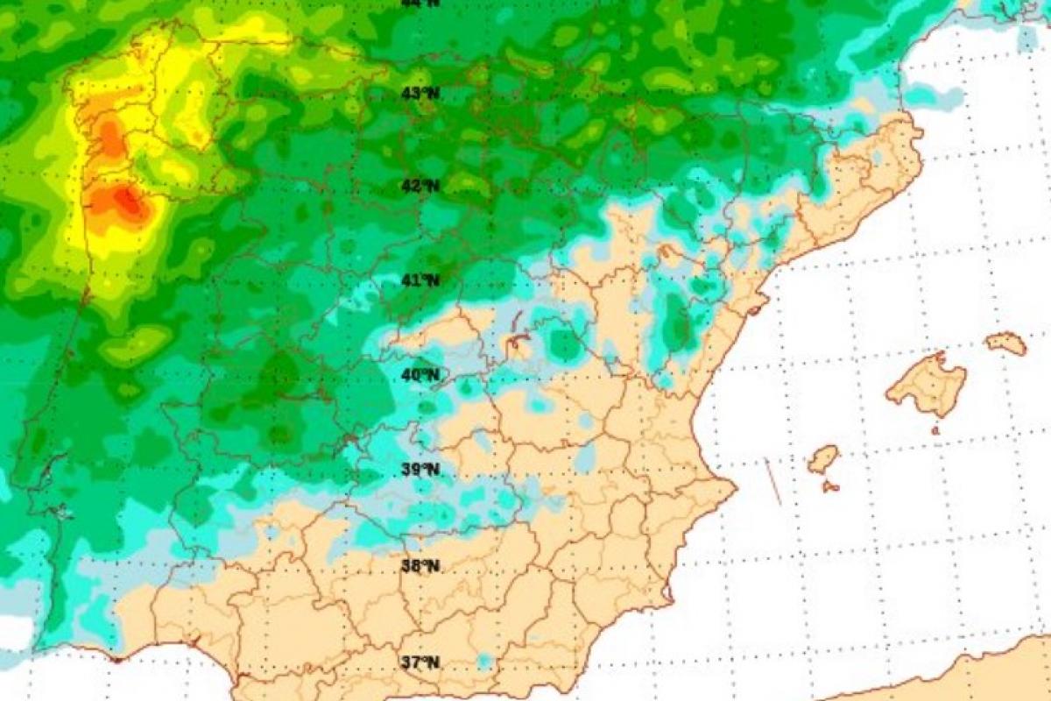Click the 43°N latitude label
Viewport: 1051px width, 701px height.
pyautogui.click(x=420, y=94)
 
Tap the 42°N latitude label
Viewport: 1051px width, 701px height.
pyautogui.click(x=420, y=186)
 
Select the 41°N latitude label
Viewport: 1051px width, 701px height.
pyautogui.click(x=420, y=280)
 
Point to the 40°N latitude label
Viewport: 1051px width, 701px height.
pyautogui.click(x=420, y=375)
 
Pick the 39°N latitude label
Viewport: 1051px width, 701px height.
pyautogui.click(x=420, y=470)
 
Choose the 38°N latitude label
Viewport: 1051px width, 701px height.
pyautogui.click(x=420, y=565)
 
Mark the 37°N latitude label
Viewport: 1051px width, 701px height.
pyautogui.click(x=420, y=662)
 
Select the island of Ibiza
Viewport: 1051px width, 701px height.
pyautogui.click(x=822, y=458)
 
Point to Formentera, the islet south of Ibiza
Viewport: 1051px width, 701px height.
pyautogui.click(x=830, y=485)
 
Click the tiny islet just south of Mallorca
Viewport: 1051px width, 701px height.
pyautogui.click(x=935, y=431)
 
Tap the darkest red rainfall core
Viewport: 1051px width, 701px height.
pyautogui.click(x=130, y=202)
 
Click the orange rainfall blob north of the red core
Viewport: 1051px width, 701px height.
pyautogui.click(x=110, y=138)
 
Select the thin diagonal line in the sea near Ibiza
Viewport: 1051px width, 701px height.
pyautogui.click(x=772, y=482)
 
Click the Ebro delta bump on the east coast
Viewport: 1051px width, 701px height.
pyautogui.click(x=756, y=304)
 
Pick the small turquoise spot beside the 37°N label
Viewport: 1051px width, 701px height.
pyautogui.click(x=484, y=660)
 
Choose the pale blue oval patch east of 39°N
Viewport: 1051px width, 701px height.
pyautogui.click(x=585, y=458)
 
